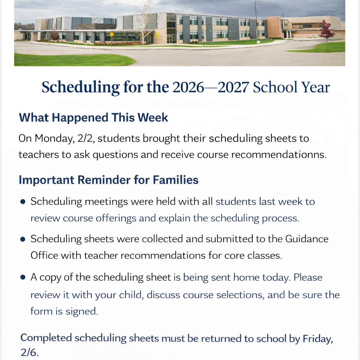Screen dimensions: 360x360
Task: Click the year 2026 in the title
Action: (x=188, y=87)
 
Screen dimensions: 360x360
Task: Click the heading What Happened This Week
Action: (x=93, y=117)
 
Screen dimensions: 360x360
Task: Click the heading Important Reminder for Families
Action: (x=108, y=180)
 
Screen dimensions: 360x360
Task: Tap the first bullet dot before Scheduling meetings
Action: (x=23, y=202)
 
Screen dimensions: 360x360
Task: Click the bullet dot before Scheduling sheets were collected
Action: (x=23, y=239)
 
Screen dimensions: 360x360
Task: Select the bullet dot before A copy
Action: (x=23, y=277)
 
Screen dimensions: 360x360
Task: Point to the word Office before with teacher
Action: (x=44, y=255)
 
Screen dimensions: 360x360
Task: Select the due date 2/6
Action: (x=29, y=353)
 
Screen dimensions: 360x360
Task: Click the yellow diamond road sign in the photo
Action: (x=112, y=34)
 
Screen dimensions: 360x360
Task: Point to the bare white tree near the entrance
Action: (x=143, y=21)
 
